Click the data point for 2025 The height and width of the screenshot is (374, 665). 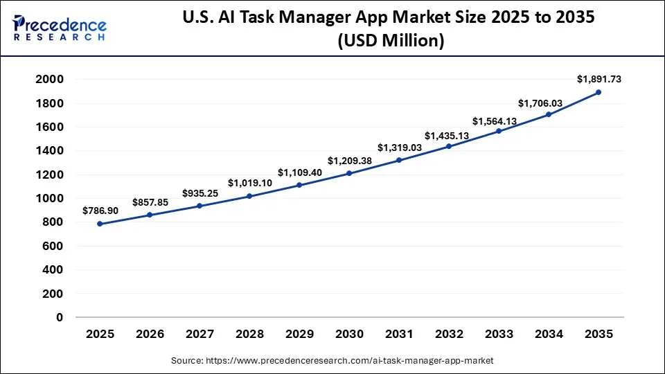coord(100,224)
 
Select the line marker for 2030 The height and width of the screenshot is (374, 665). coord(349,173)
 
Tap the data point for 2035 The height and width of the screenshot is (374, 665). coord(598,92)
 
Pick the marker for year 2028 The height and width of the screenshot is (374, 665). coord(249,196)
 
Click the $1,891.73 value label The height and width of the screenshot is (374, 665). coord(598,80)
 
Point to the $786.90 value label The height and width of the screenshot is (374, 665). coord(100,211)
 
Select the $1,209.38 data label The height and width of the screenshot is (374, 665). coord(349,161)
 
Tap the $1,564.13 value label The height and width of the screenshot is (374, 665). coord(495,121)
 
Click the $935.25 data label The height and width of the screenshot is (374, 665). coord(200,194)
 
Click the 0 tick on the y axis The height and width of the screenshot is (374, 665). coord(59,317)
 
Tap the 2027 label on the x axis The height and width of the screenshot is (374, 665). coord(199,335)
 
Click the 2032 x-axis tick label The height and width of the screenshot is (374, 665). coord(449,335)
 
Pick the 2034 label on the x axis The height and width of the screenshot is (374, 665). coord(549,335)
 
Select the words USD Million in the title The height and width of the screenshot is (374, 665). coord(391,41)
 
